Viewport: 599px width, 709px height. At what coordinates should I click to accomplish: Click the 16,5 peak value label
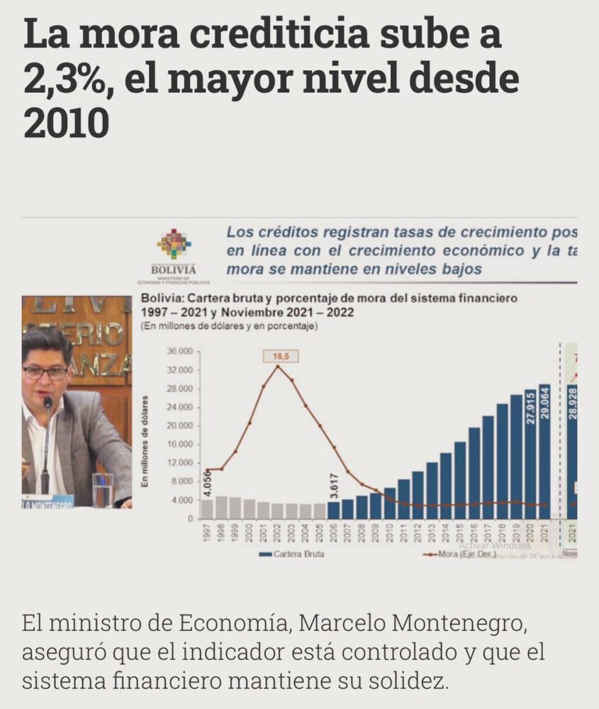click(277, 357)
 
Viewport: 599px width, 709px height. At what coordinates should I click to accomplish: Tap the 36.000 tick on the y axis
click(180, 352)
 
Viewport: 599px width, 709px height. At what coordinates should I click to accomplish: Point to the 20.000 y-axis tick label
click(180, 426)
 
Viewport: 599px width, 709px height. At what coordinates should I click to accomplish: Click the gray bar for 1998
click(221, 507)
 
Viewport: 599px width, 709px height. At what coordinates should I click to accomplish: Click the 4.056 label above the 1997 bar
click(207, 484)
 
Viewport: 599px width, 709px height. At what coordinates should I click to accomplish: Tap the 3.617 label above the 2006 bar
click(333, 486)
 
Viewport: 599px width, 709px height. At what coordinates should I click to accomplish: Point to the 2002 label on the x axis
click(277, 533)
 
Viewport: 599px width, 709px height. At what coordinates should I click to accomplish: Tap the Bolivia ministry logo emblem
click(174, 245)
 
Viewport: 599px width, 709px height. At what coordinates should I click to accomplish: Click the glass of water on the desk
click(103, 489)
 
